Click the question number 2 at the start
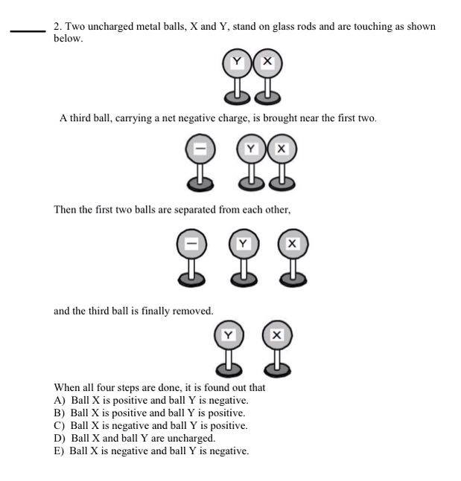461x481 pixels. tap(57, 27)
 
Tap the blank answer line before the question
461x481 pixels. tap(28, 31)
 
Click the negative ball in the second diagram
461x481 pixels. tap(200, 149)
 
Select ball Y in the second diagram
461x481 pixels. tap(251, 149)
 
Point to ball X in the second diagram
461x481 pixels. tap(281, 149)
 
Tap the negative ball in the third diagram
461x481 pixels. tap(191, 243)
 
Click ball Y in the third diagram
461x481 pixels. tap(243, 243)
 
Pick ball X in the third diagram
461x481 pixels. tap(292, 243)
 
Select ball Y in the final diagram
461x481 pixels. tap(228, 336)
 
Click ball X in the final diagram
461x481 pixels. tap(277, 336)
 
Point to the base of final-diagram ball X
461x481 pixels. tap(277, 368)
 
